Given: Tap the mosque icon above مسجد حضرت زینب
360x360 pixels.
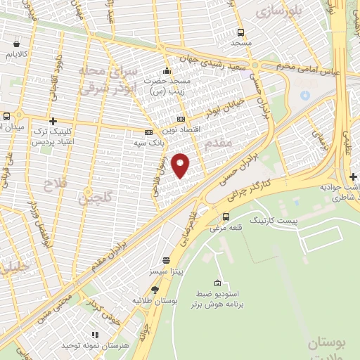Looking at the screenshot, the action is pyautogui.click(x=167, y=70).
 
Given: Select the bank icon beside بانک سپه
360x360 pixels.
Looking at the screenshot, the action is pyautogui.click(x=148, y=132).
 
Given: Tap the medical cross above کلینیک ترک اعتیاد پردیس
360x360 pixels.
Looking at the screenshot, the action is pyautogui.click(x=53, y=121).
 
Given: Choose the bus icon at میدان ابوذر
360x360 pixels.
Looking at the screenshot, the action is pyautogui.click(x=6, y=117).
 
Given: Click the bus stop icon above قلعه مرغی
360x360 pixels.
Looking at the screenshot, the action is pyautogui.click(x=226, y=217).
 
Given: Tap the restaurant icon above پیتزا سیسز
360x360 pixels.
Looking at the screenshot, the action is pyautogui.click(x=165, y=259).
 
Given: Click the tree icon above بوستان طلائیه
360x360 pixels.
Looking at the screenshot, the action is pyautogui.click(x=155, y=289).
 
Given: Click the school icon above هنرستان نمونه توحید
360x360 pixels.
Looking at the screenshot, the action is pyautogui.click(x=93, y=335).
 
